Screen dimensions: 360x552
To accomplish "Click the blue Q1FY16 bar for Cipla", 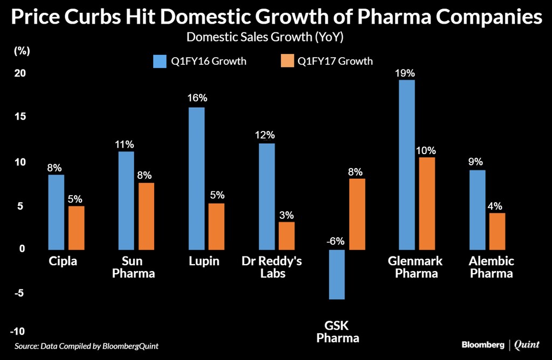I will point(56,212).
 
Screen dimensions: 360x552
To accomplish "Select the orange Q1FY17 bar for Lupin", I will point(216,226).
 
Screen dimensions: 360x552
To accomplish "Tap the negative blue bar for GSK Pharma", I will point(337,274).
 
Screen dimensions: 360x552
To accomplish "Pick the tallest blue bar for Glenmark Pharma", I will point(406,164).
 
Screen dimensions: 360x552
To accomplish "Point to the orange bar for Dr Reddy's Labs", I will point(286,236).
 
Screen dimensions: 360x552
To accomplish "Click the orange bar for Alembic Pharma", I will point(496,231).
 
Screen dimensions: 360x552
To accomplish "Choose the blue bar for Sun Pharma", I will point(126,200).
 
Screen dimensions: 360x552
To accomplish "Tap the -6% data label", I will point(336,240).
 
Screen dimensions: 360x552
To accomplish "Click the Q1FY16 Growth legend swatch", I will point(160,61).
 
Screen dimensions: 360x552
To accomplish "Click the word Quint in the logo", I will point(526,344).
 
